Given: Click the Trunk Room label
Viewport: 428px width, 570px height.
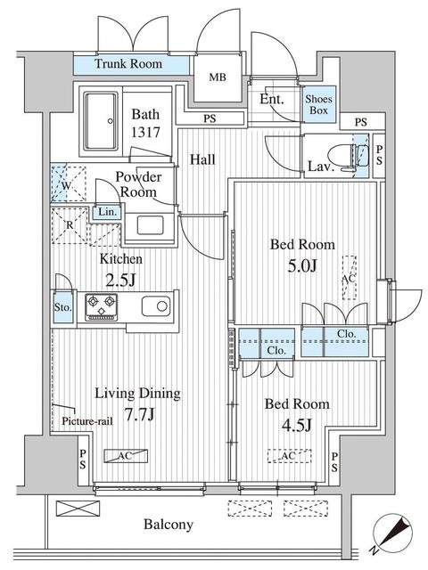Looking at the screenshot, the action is pyautogui.click(x=128, y=64).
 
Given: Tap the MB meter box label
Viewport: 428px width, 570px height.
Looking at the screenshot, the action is pyautogui.click(x=218, y=77).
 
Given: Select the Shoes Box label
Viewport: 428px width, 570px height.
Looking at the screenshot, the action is pyautogui.click(x=318, y=104).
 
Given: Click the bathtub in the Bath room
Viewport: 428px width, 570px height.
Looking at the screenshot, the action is pyautogui.click(x=101, y=121).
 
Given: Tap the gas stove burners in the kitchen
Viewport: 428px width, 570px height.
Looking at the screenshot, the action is pyautogui.click(x=101, y=307).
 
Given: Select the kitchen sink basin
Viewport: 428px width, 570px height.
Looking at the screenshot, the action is pyautogui.click(x=156, y=306).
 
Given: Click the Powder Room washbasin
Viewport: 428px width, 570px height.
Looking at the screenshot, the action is pyautogui.click(x=151, y=225).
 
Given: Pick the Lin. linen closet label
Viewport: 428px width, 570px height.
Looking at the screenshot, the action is pyautogui.click(x=108, y=212).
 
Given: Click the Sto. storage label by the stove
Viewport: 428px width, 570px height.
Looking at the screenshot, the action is pyautogui.click(x=63, y=307).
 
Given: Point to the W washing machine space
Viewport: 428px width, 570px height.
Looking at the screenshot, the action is pyautogui.click(x=69, y=184).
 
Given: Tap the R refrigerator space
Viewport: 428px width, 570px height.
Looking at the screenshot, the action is pyautogui.click(x=70, y=225).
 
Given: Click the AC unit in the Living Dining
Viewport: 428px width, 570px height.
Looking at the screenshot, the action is pyautogui.click(x=126, y=456).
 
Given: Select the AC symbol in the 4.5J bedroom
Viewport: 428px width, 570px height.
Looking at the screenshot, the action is pyautogui.click(x=289, y=456).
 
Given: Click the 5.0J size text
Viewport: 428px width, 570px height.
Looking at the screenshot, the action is pyautogui.click(x=302, y=266).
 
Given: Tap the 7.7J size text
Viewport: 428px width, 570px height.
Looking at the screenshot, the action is pyautogui.click(x=140, y=414).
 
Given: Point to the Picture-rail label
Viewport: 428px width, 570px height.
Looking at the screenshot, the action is pyautogui.click(x=87, y=421).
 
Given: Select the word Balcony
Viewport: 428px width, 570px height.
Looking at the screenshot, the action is pyautogui.click(x=169, y=525).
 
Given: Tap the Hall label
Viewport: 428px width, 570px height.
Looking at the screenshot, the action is pyautogui.click(x=202, y=159).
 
